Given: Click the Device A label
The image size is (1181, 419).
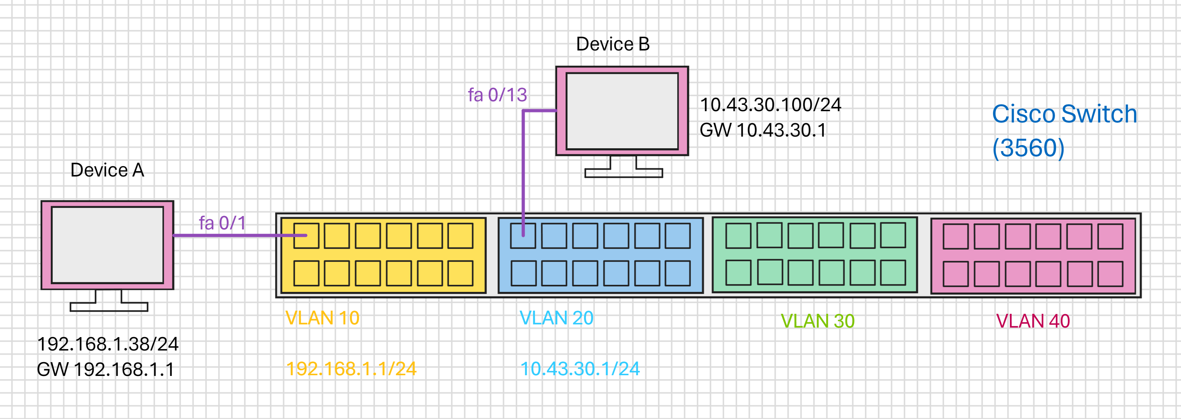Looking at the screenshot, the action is [107, 170].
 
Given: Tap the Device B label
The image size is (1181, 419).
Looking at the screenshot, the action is [613, 44].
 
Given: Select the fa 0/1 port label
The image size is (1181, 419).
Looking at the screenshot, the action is [222, 223].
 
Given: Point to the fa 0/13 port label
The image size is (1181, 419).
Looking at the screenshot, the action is [497, 95].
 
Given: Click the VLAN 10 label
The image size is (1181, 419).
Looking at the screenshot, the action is [322, 318].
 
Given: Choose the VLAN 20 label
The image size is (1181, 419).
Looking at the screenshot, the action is [556, 318].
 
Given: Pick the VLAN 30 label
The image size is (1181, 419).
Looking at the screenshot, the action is [818, 321].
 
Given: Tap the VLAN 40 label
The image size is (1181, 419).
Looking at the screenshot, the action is [1033, 321].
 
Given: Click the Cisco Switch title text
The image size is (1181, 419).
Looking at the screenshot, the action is [1064, 114].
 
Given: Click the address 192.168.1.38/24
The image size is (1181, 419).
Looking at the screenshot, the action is [108, 344].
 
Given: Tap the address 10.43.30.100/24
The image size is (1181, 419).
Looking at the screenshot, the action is [771, 105].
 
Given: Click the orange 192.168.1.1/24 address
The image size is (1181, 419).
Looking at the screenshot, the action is [351, 369].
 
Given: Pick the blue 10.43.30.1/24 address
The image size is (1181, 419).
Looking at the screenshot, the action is [580, 369].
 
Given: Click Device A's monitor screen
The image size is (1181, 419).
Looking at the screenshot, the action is [108, 245].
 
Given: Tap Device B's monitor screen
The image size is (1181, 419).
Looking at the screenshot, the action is [622, 111].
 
